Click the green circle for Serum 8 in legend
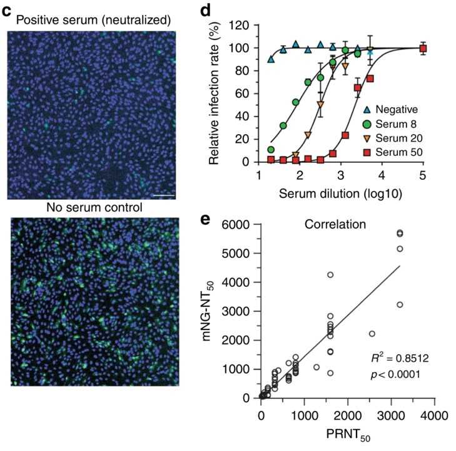[369, 123]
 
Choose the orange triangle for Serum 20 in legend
[369, 138]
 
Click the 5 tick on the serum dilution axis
[423, 175]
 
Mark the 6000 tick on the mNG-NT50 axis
[241, 225]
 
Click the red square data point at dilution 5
[423, 48]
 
